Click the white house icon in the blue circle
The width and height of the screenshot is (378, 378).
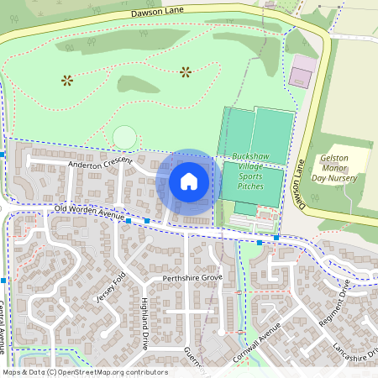(189, 181)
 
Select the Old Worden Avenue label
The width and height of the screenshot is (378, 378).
(89, 213)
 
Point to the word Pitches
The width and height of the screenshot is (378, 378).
(250, 186)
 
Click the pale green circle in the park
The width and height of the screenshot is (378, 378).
(124, 137)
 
